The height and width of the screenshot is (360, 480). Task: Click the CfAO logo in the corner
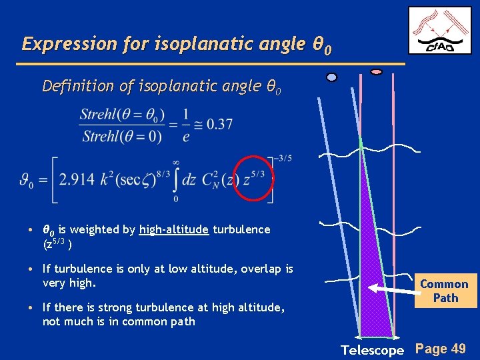click(439, 30)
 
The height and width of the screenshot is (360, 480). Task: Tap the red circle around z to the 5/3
click(254, 178)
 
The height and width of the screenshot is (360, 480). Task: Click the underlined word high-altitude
click(174, 229)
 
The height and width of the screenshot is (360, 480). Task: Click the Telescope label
click(372, 350)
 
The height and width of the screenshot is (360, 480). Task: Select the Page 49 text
click(441, 348)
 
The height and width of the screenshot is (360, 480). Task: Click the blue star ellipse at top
click(331, 77)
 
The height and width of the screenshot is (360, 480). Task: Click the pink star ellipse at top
click(376, 71)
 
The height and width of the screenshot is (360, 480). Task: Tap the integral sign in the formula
click(175, 179)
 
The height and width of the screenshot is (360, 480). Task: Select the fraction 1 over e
click(185, 124)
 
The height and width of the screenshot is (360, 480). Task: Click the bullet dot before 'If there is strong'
click(32, 308)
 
